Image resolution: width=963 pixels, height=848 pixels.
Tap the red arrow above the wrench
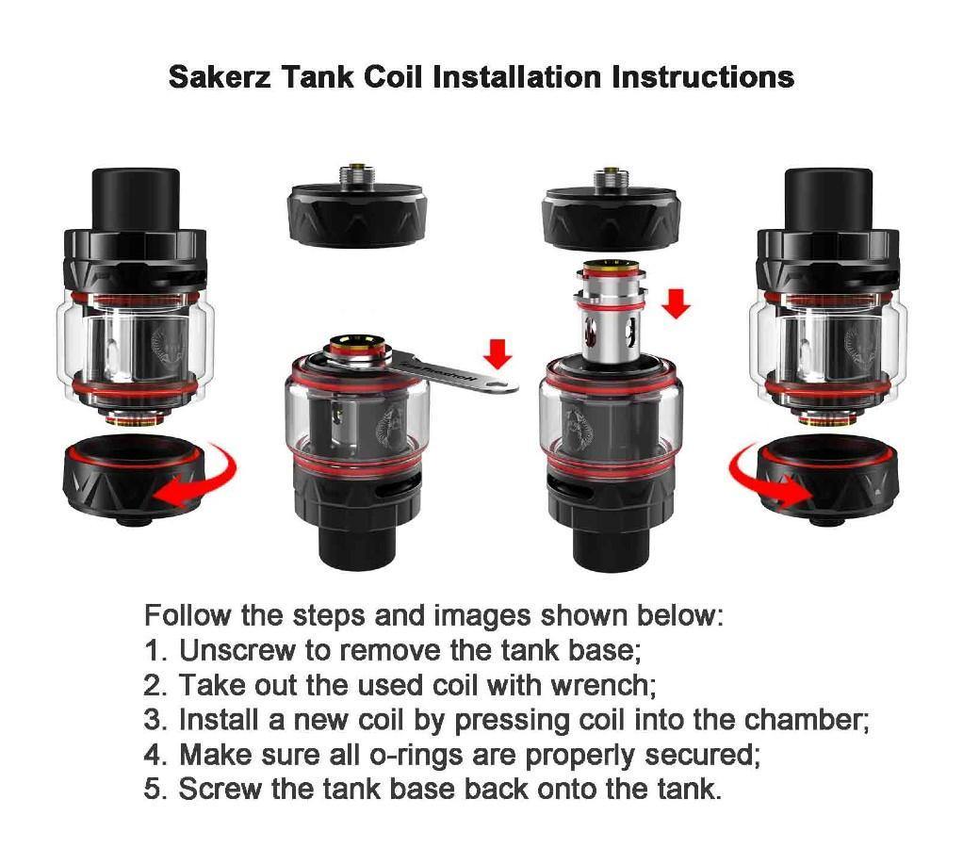(498, 352)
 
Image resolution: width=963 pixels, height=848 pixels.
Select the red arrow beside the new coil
(676, 302)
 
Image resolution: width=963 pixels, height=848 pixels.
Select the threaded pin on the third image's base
(609, 175)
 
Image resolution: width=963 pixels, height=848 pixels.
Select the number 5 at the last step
(154, 789)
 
